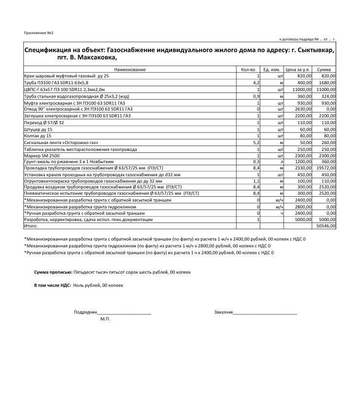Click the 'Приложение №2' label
click(x=38, y=33)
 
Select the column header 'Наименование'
click(x=130, y=70)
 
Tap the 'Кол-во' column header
click(x=248, y=70)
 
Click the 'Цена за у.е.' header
click(x=298, y=70)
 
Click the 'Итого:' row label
click(x=31, y=226)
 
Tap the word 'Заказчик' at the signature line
click(x=223, y=312)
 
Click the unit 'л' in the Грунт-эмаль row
click(x=282, y=161)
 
